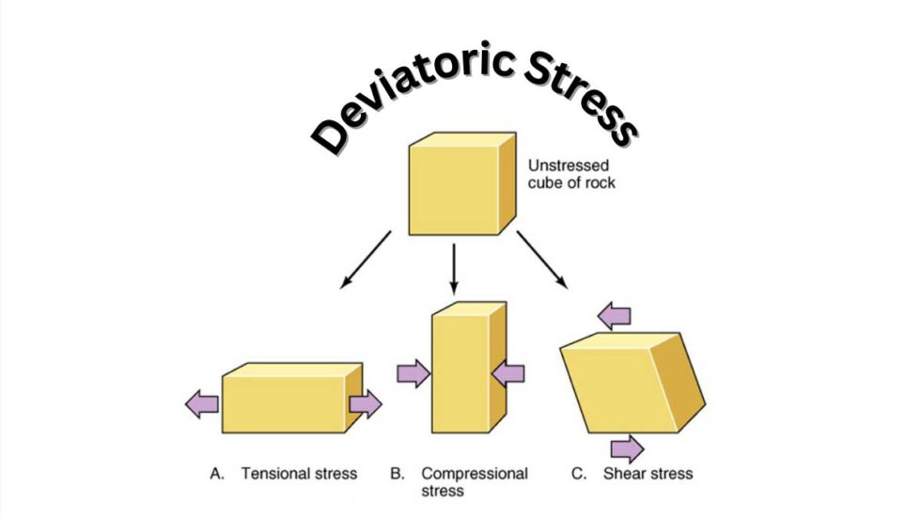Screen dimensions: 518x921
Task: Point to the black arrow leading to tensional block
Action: coord(366,257)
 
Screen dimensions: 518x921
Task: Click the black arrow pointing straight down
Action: coord(455,269)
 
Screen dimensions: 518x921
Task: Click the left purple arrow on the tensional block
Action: coord(202,405)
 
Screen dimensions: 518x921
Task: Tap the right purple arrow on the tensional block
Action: coord(365,405)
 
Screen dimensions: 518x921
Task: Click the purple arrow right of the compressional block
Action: coord(508,373)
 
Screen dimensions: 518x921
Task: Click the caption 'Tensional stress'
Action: coord(299,473)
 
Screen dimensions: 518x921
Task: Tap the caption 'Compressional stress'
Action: coord(474,481)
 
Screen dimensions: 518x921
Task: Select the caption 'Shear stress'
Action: coord(648,473)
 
